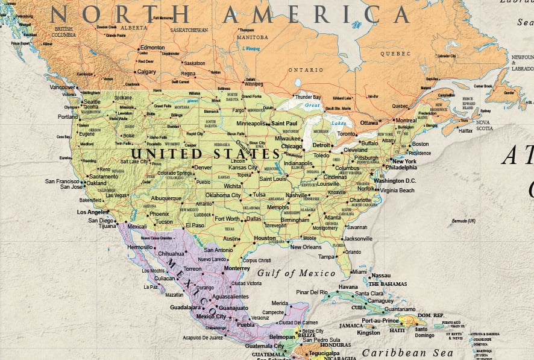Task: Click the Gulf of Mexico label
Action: click(x=296, y=273)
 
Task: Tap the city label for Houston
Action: click(x=265, y=238)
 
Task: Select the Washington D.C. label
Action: click(x=395, y=180)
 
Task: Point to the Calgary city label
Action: click(x=146, y=72)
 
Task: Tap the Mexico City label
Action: click(x=211, y=316)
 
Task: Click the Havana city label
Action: click(x=348, y=287)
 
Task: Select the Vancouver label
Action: click(x=62, y=87)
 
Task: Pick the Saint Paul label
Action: click(x=284, y=123)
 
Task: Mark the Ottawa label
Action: click(x=369, y=122)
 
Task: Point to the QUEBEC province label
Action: click(x=395, y=53)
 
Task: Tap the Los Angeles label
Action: click(x=92, y=212)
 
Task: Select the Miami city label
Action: click(x=359, y=271)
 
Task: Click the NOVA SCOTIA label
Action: click(x=484, y=125)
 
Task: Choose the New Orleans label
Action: click(x=306, y=247)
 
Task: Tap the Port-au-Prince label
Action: click(x=380, y=320)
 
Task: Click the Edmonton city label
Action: click(x=152, y=47)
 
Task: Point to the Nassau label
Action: click(x=381, y=275)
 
